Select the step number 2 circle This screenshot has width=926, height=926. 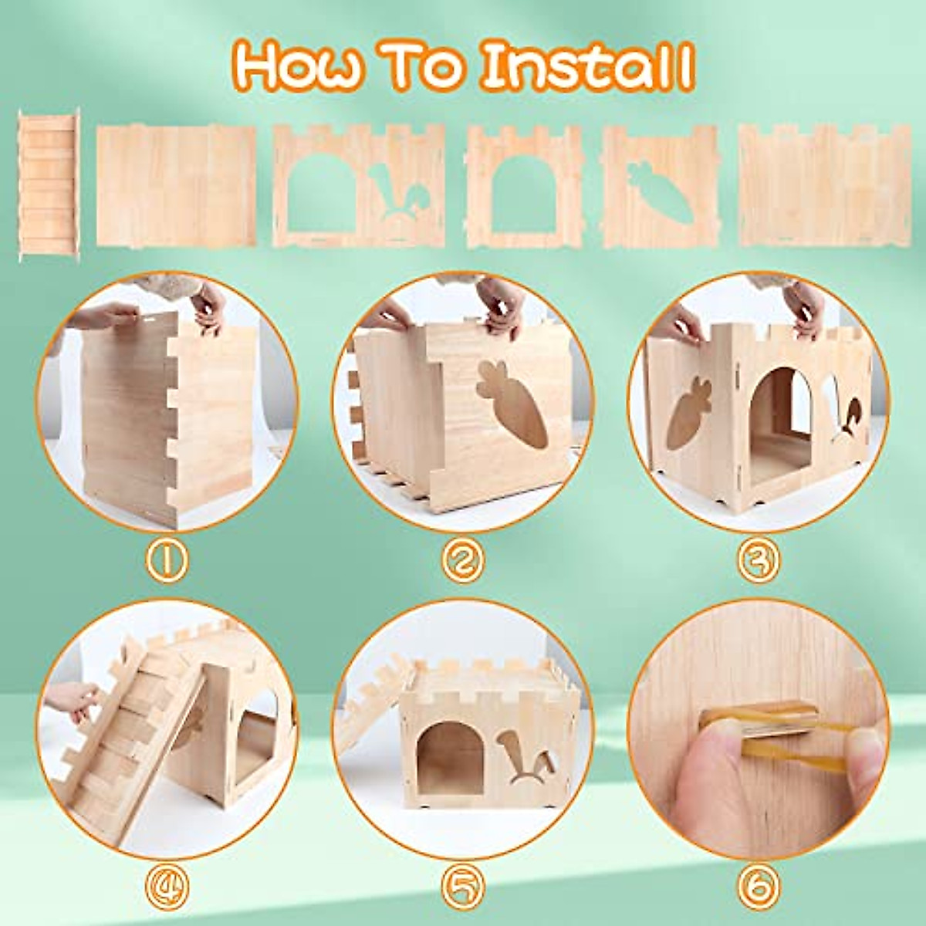(x=463, y=561)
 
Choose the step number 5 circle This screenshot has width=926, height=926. (x=463, y=880)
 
